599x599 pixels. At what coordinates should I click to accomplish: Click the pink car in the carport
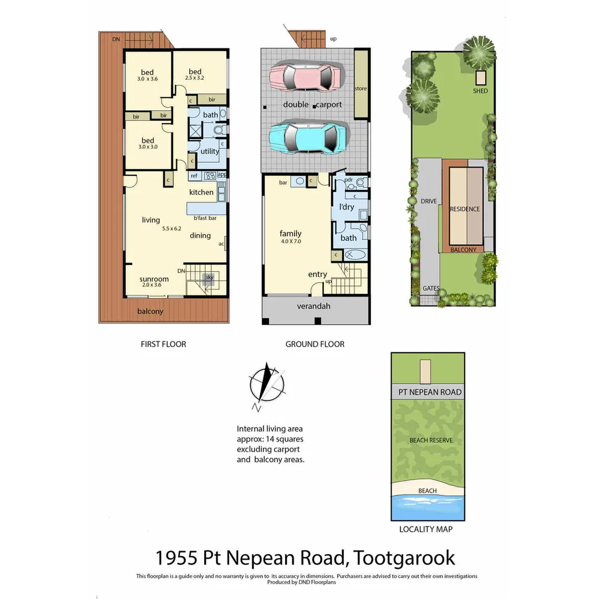304,77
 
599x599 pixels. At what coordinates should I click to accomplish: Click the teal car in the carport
308,136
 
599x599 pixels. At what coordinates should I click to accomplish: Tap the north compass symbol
267,384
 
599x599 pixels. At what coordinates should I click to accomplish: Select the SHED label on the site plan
480,90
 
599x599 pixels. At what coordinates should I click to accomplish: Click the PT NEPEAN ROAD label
430,392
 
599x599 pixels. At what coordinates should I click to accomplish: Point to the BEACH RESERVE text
430,440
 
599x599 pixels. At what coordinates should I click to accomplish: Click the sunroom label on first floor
154,279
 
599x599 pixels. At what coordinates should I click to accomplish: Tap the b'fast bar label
205,218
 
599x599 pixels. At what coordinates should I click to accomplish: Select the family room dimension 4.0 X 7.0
290,241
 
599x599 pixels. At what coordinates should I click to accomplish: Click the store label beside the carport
361,88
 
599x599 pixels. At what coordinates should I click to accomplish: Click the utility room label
210,151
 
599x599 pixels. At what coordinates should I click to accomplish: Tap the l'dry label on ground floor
346,207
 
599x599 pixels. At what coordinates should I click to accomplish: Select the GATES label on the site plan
431,288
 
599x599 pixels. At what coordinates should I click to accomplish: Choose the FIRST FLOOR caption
163,344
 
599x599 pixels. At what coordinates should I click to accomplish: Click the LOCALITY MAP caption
425,529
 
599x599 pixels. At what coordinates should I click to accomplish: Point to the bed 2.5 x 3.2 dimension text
195,78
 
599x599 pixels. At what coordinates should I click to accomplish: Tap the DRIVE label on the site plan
429,201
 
